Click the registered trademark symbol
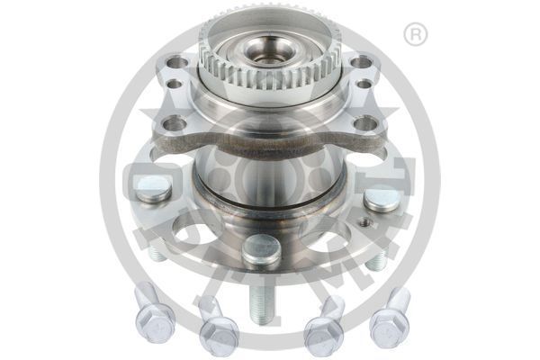point(415,35)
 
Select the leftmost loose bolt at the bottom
point(152,317)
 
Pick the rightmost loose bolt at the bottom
point(390,317)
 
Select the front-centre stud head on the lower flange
point(261,248)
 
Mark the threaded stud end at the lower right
point(377,260)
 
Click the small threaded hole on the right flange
point(364,221)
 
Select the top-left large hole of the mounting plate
point(178,63)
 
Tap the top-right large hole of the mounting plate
point(360,63)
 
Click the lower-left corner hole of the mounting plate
point(174,123)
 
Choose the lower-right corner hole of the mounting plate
point(364,124)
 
